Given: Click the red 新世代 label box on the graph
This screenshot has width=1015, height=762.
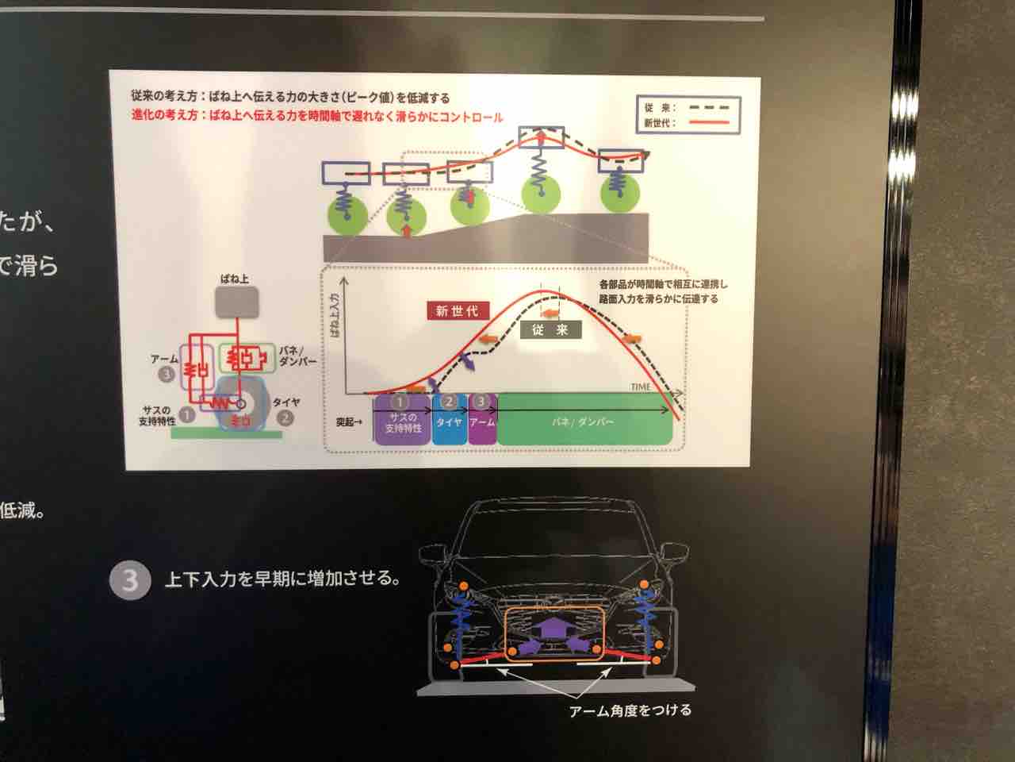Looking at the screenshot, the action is (457, 311).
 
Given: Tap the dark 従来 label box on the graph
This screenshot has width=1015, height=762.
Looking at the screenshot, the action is (550, 329).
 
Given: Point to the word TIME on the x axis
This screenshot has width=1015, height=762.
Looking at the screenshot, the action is (641, 387).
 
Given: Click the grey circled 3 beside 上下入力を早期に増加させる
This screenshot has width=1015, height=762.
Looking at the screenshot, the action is (129, 580).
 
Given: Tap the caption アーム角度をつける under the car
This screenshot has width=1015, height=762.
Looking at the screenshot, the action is (630, 710).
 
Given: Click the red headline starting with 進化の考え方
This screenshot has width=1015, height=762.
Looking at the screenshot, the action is (317, 116).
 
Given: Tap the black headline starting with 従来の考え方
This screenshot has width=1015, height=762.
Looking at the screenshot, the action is (290, 98).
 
